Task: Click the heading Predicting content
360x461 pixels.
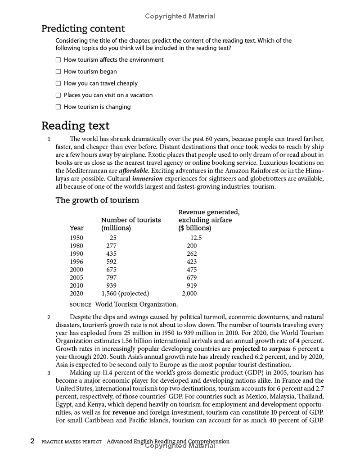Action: pos(83,28)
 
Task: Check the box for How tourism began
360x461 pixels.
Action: pos(58,72)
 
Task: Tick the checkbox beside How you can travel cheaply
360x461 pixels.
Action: pos(58,83)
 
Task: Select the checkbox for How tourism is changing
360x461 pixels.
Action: pos(58,107)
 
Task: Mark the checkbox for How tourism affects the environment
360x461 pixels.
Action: pos(58,60)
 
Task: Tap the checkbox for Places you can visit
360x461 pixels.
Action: pos(58,95)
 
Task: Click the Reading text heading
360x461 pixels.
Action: pos(75,125)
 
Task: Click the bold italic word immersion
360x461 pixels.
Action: pos(148,178)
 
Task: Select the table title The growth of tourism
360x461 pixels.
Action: pos(97,200)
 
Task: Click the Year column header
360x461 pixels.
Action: pos(76,228)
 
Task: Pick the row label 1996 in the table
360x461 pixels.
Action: pos(76,261)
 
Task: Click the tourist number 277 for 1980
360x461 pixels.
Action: pos(111,246)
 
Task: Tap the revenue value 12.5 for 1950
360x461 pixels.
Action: pos(196,238)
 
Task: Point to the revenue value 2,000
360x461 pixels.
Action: pos(189,294)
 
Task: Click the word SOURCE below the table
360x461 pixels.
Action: pos(81,305)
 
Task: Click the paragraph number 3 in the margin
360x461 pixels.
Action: pos(49,373)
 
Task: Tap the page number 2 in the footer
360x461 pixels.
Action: pos(32,442)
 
